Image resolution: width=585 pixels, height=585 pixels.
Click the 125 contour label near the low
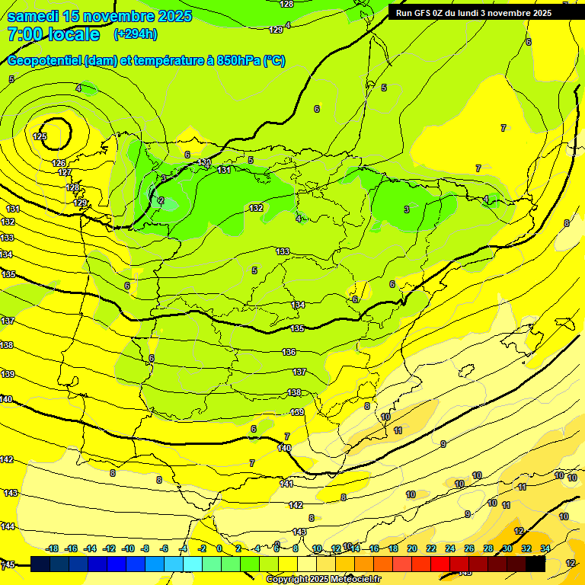pyautogui.click(x=40, y=137)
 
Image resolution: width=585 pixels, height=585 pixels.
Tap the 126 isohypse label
pyautogui.click(x=59, y=163)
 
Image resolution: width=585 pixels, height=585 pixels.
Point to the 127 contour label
pyautogui.click(x=65, y=173)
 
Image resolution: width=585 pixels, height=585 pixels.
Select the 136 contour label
pyautogui.click(x=289, y=352)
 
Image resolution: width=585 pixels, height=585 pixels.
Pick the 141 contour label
pyautogui.click(x=286, y=484)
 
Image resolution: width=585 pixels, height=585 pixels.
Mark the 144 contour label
pyautogui.click(x=8, y=527)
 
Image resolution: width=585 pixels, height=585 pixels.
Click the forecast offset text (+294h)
pyautogui.click(x=136, y=34)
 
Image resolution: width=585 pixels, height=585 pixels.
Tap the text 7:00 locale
pyautogui.click(x=53, y=34)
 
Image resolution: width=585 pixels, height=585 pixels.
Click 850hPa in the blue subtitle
pyautogui.click(x=239, y=61)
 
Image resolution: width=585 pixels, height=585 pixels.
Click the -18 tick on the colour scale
pyautogui.click(x=53, y=548)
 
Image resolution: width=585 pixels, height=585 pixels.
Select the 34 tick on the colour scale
pyautogui.click(x=545, y=548)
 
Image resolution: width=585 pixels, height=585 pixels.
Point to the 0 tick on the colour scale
pyautogui.click(x=219, y=548)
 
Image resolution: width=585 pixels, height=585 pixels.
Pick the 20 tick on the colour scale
pyautogui.click(x=411, y=548)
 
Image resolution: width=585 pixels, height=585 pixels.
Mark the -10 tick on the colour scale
pyautogui.click(x=126, y=548)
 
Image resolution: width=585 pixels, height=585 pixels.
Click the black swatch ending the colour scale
pyautogui.click(x=535, y=564)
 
